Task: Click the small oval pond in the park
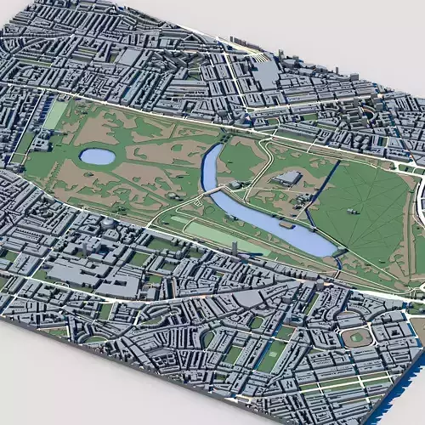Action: click(x=97, y=156)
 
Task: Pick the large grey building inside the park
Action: click(x=289, y=178)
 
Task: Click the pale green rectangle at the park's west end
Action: click(x=54, y=116)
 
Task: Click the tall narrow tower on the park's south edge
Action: click(x=235, y=246)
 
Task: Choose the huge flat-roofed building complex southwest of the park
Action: click(x=68, y=272)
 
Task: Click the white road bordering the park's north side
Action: click(x=170, y=105)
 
